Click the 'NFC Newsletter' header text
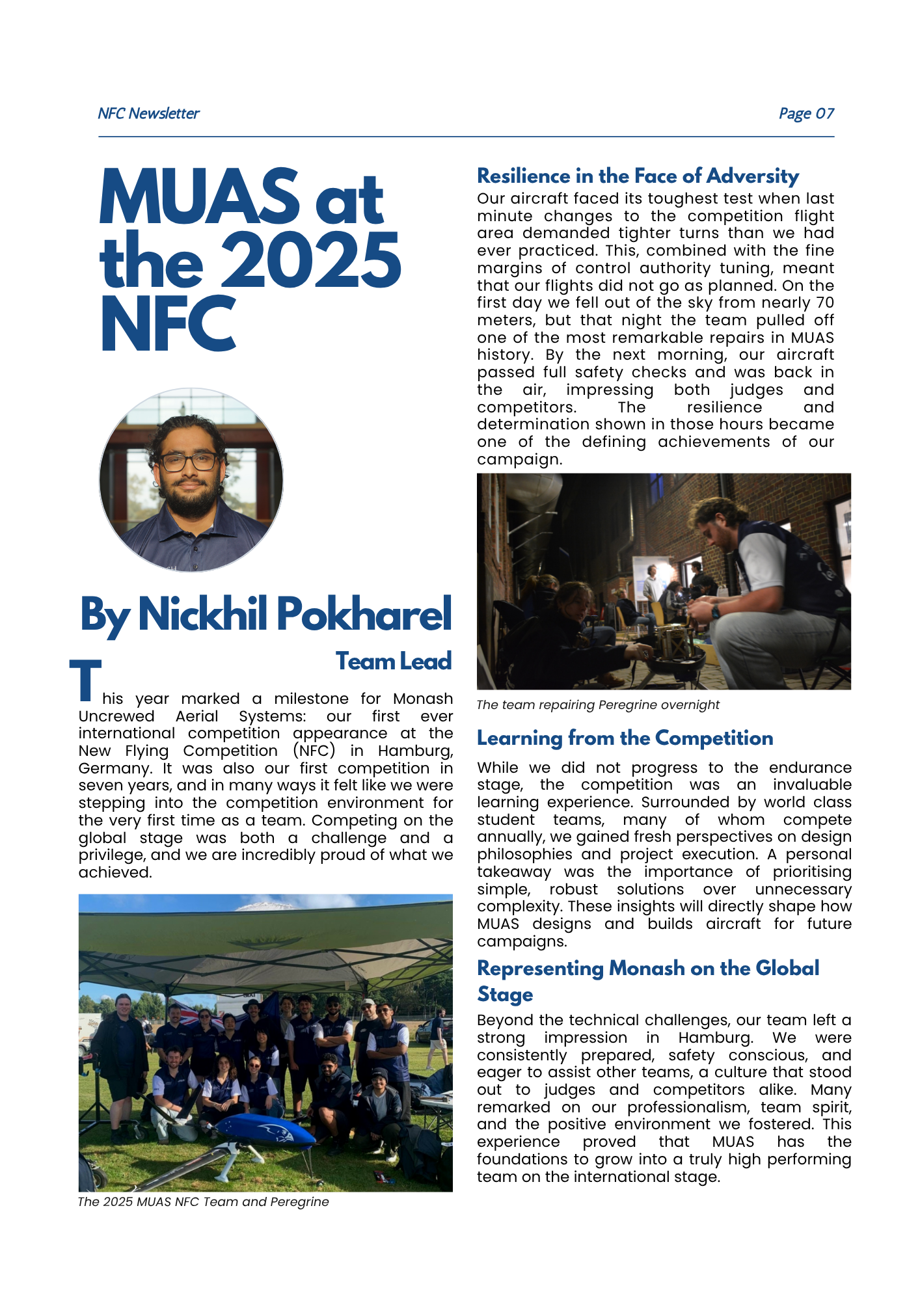point(148,113)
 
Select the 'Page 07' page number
point(806,114)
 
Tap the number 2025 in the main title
point(315,260)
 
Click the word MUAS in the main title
point(198,196)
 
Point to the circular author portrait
point(191,480)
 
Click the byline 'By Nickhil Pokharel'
point(265,614)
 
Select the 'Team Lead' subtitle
point(393,661)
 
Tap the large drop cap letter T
point(86,680)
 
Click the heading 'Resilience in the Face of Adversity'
point(638,176)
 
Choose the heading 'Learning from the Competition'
point(625,738)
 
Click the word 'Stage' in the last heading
point(505,995)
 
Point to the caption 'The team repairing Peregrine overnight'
point(597,705)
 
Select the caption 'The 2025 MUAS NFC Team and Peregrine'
point(203,1202)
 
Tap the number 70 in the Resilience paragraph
point(824,303)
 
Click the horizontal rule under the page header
point(466,137)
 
